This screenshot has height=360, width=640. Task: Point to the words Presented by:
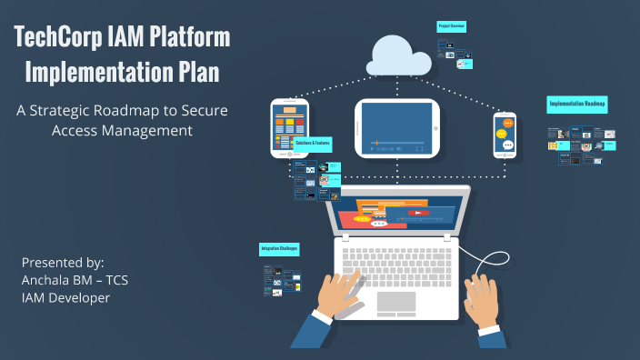pos(63,262)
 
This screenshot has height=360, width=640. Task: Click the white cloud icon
pos(400,55)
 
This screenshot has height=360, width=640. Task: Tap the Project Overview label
pos(451,26)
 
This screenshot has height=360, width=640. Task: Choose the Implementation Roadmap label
pos(577,105)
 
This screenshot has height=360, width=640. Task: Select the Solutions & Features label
pos(312,145)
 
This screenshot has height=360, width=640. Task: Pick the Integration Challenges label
pos(280,247)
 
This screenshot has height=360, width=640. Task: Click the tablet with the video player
pos(397,127)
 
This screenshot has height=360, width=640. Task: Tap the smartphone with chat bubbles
pos(505,135)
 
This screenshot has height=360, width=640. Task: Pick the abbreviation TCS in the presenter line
pos(117,280)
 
